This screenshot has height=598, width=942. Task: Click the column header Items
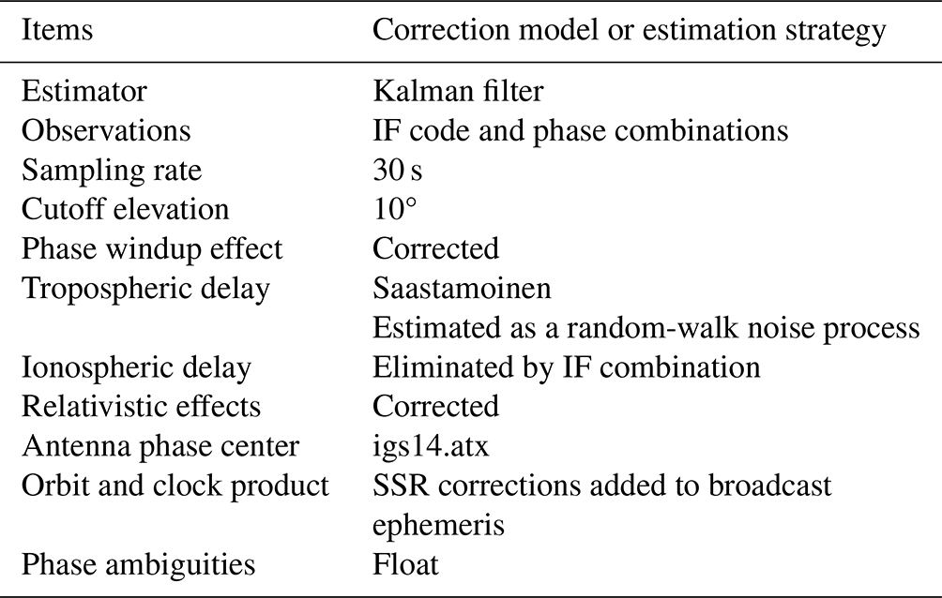[57, 30]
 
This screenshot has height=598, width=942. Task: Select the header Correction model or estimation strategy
[629, 31]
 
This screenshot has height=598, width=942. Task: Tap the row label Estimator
[84, 92]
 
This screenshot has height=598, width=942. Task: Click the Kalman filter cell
[458, 92]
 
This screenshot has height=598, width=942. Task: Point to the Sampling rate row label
[112, 172]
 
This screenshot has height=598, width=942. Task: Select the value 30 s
[397, 171]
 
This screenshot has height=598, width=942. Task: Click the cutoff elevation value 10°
[395, 210]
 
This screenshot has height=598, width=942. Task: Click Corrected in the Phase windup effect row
[435, 249]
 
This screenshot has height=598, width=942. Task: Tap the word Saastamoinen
[462, 289]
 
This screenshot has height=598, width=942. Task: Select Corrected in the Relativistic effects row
[435, 407]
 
